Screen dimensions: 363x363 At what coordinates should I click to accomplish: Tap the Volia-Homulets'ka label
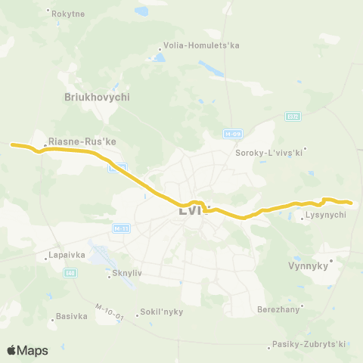pyautogui.click(x=202, y=45)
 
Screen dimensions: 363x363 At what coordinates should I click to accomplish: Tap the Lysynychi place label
pyautogui.click(x=325, y=216)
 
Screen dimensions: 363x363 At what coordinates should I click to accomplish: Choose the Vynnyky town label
pyautogui.click(x=306, y=265)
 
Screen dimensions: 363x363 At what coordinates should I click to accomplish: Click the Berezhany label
pyautogui.click(x=278, y=309)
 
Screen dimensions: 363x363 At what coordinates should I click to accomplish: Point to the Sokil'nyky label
pyautogui.click(x=162, y=312)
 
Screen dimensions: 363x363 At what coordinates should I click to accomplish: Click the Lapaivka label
pyautogui.click(x=65, y=256)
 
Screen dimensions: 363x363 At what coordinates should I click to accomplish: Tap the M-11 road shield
pyautogui.click(x=120, y=228)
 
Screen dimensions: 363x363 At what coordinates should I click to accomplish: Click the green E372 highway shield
pyautogui.click(x=293, y=116)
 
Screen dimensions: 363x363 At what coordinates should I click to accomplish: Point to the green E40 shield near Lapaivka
pyautogui.click(x=70, y=272)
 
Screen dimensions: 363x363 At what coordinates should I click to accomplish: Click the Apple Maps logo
pyautogui.click(x=26, y=350)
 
